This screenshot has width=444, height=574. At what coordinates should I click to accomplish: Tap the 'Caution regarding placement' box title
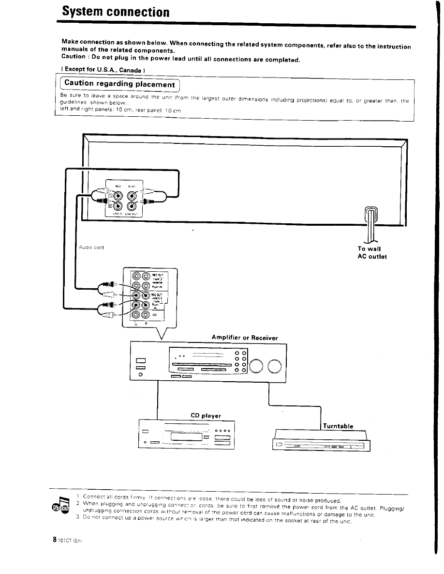[119, 84]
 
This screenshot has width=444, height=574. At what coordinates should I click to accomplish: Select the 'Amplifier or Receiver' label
[245, 338]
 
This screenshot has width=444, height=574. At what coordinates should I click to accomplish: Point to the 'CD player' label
[206, 415]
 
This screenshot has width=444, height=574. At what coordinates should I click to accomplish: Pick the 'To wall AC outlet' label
[372, 252]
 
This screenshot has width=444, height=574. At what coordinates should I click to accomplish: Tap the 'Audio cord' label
[91, 248]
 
